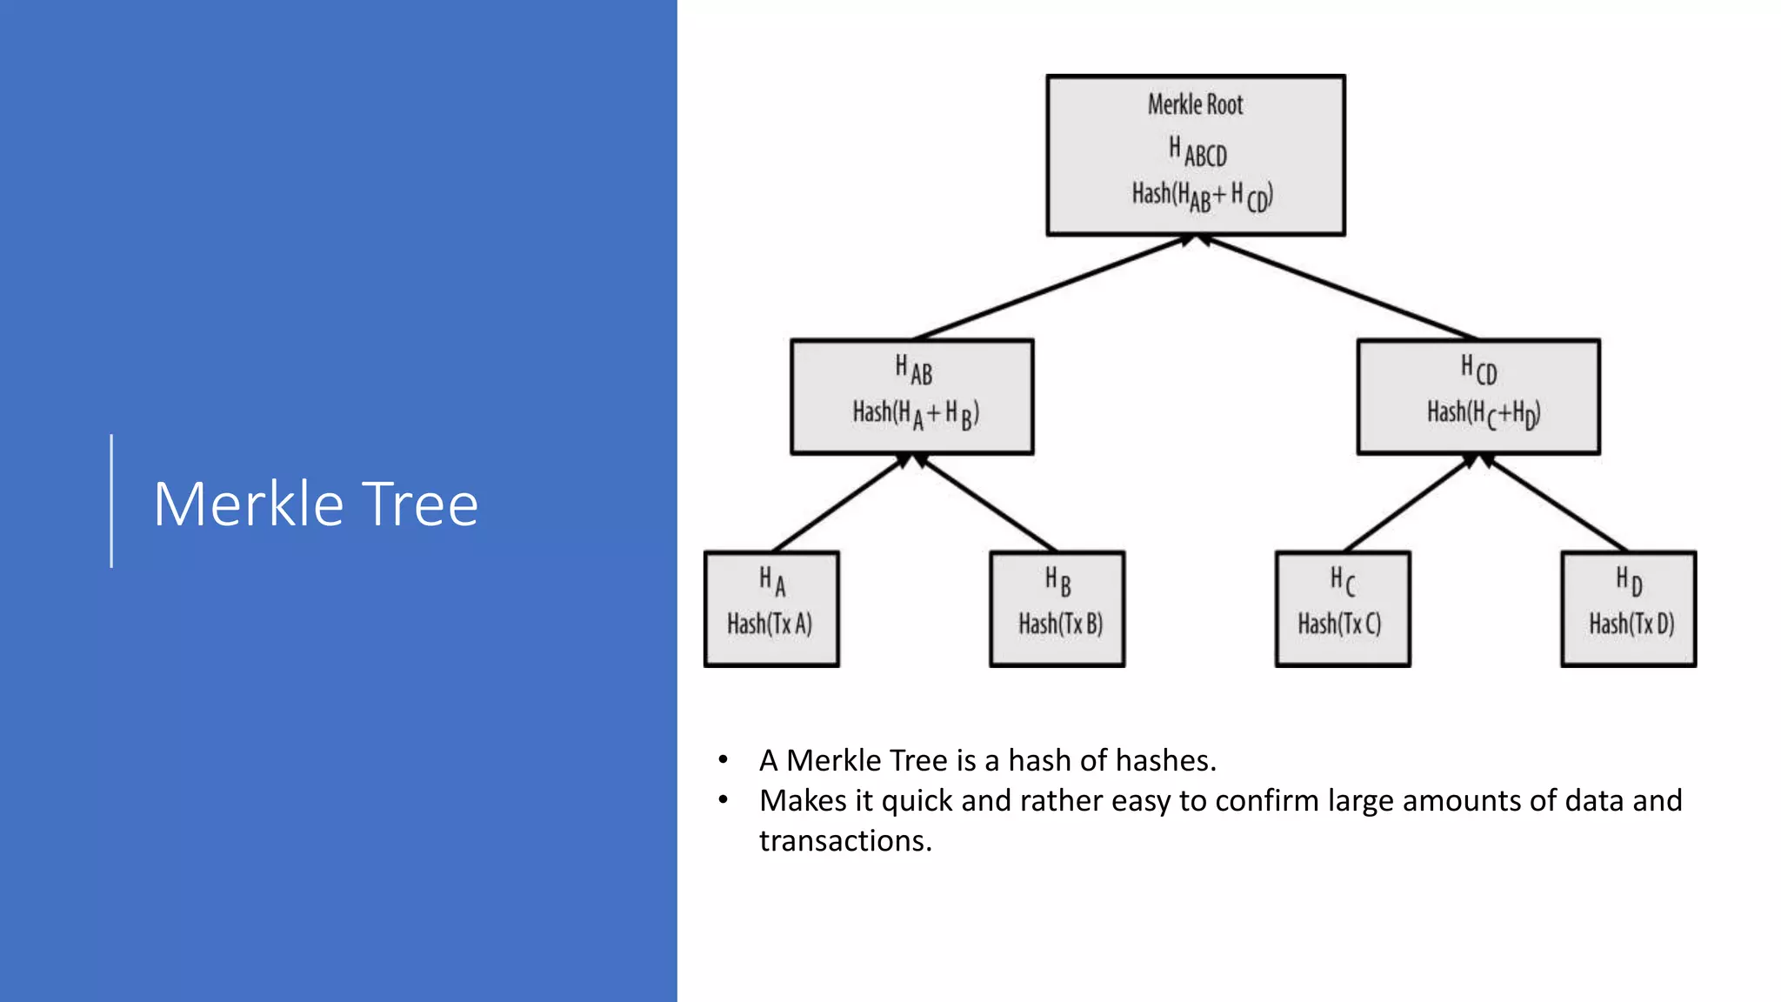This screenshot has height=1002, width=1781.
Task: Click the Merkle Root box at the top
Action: [x=1196, y=155]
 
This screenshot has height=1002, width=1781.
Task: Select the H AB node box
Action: [x=912, y=397]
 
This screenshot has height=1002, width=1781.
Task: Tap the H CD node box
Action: [x=1478, y=397]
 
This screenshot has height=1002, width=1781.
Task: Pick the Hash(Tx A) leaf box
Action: [x=771, y=609]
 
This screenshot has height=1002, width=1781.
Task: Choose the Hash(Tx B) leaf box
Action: [x=1057, y=609]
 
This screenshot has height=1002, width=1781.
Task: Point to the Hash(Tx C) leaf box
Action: [x=1343, y=609]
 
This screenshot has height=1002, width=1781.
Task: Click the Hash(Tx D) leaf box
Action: [x=1629, y=609]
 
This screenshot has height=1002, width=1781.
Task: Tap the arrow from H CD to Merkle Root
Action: [x=1339, y=287]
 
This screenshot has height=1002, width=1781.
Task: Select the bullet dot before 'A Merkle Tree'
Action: [x=723, y=760]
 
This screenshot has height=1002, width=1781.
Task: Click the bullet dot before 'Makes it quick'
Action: [x=723, y=799]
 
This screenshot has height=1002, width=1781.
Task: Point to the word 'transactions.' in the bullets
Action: [x=845, y=840]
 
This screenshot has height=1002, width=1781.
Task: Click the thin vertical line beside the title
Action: [x=111, y=501]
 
